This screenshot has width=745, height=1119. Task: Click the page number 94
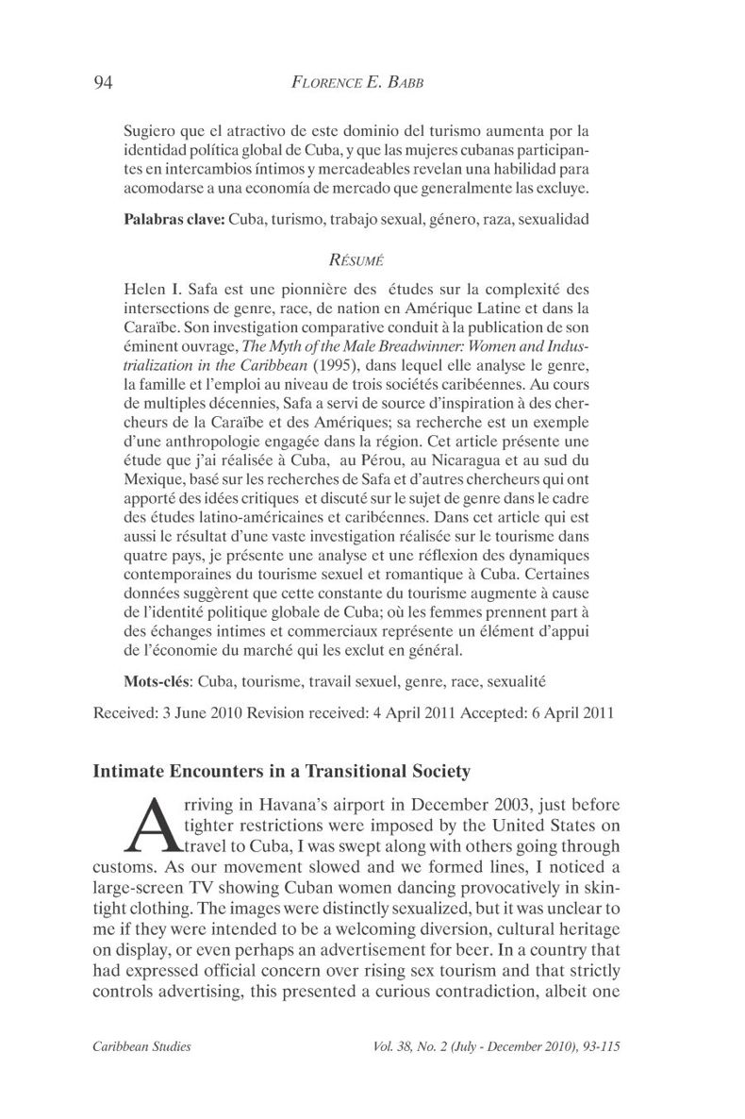[x=104, y=82]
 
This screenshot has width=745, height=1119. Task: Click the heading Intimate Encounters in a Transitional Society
[x=281, y=772]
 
